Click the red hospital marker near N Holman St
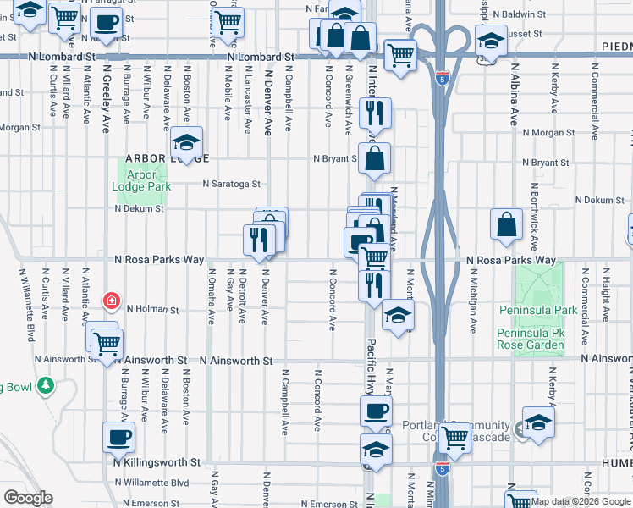click(x=111, y=301)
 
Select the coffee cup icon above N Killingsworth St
click(x=118, y=437)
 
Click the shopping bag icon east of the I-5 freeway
click(x=506, y=224)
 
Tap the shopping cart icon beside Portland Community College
click(x=454, y=437)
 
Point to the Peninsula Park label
click(x=537, y=311)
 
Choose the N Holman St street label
click(x=153, y=310)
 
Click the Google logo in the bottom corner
click(x=28, y=498)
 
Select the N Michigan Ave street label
click(x=474, y=293)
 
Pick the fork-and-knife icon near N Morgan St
click(x=373, y=113)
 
